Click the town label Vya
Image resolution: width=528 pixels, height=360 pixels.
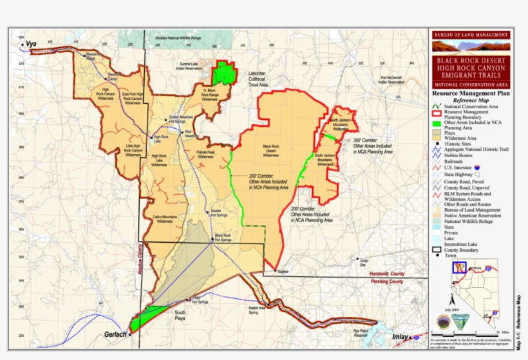click(x=32, y=44)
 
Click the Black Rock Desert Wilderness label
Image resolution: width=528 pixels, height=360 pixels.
click(x=270, y=150)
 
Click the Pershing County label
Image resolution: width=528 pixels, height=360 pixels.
click(x=386, y=281)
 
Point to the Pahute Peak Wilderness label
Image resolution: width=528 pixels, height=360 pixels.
click(x=205, y=155)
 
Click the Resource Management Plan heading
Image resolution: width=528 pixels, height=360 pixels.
click(x=471, y=93)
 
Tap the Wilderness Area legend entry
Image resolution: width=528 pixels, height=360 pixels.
click(x=462, y=138)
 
